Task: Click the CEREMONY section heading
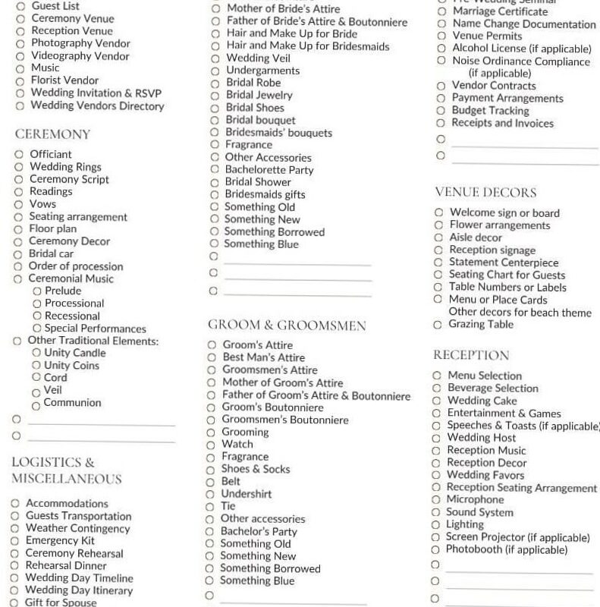[x=52, y=134]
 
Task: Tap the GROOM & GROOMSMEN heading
[x=287, y=326]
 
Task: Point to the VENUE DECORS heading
[x=485, y=193]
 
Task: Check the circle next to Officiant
[x=18, y=155]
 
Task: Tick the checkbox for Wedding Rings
[x=18, y=167]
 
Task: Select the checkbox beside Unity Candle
[x=36, y=353]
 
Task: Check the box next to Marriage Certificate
[x=441, y=12]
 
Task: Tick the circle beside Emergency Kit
[x=15, y=541]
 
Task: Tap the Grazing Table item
[x=481, y=325]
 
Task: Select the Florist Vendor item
[x=64, y=80]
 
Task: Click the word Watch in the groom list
[x=237, y=445]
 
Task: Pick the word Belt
[x=231, y=481]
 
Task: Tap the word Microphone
[x=475, y=500]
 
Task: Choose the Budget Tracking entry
[x=490, y=111]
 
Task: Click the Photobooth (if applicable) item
[x=506, y=549]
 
